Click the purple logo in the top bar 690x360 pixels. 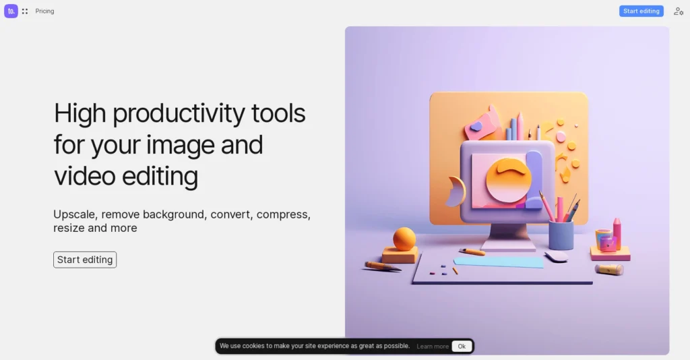(11, 11)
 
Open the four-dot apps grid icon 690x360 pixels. (25, 11)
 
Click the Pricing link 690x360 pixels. (44, 11)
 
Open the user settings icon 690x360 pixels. (679, 11)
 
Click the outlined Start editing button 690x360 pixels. (85, 260)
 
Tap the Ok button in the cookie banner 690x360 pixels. (462, 347)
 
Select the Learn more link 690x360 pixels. (433, 347)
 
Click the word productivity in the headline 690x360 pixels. (179, 113)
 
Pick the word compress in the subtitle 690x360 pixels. (282, 214)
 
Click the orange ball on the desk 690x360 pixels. (404, 239)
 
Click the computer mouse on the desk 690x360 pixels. (557, 257)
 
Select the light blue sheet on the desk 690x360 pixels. (499, 262)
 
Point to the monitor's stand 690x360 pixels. (508, 236)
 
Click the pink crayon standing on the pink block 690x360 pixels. (617, 232)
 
